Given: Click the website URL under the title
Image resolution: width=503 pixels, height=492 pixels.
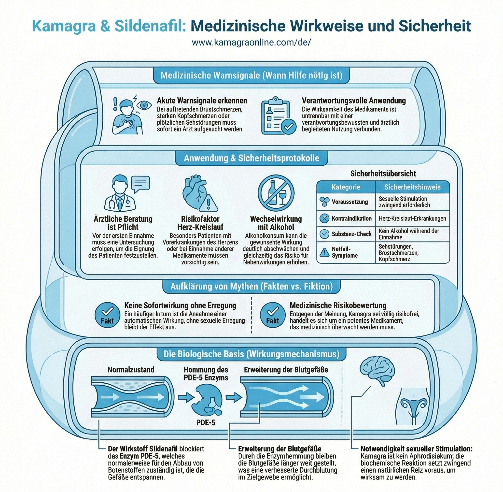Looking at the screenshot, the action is [251, 42].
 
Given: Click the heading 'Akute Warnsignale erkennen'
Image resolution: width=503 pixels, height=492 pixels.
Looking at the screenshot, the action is [202, 101].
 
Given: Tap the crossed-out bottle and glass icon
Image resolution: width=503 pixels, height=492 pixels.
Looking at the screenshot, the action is [276, 193].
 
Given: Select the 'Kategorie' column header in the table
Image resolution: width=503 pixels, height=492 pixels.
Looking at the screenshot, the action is [346, 187].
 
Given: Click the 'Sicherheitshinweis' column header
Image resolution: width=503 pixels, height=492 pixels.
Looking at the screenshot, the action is [412, 187].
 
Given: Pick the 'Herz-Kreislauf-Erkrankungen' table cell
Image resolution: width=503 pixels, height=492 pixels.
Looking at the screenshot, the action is [412, 218].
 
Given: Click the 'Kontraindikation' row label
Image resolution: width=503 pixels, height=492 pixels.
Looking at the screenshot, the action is [351, 218].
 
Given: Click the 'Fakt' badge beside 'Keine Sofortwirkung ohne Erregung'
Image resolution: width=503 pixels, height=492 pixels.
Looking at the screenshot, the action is [107, 315].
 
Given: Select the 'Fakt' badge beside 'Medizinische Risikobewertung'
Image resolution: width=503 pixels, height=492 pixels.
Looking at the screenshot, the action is [273, 315].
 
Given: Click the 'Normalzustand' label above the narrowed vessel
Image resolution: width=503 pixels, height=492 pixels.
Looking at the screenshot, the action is [131, 370].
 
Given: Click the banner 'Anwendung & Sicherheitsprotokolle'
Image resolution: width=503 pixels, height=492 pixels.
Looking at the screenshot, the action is [251, 158].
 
